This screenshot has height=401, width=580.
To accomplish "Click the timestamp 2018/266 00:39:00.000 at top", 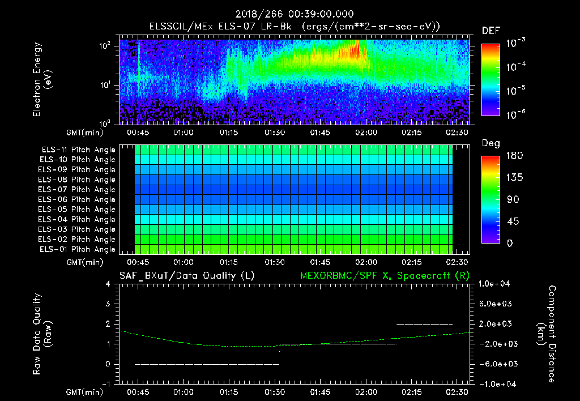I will [289, 14].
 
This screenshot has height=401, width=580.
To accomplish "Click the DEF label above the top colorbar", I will [491, 31].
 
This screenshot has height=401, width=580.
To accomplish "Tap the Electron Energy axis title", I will [42, 79].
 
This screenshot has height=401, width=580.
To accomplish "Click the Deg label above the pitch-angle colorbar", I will [491, 144].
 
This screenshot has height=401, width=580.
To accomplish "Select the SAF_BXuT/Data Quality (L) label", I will [186, 276].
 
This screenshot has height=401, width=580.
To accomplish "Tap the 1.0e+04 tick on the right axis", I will [496, 284].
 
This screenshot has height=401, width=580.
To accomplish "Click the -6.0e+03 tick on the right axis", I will [495, 364].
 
